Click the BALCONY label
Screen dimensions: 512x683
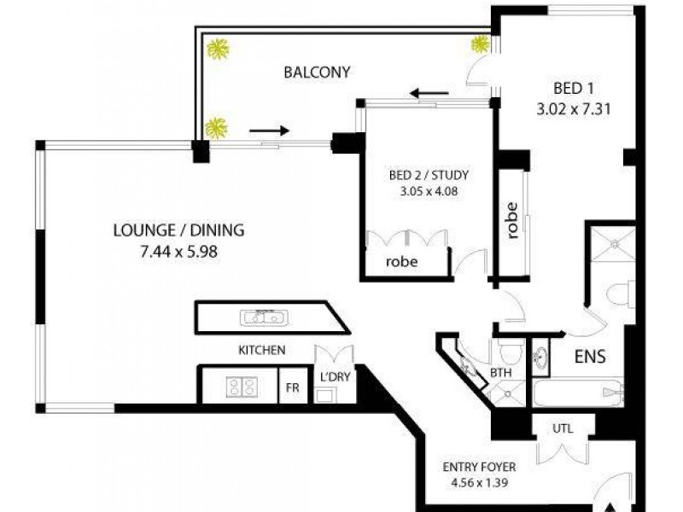[317, 72]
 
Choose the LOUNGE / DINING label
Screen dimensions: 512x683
[179, 230]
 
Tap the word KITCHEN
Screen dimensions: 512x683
[261, 350]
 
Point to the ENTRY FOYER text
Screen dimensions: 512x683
[478, 468]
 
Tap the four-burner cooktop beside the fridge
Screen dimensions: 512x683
[241, 387]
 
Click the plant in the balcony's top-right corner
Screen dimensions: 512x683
[480, 44]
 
